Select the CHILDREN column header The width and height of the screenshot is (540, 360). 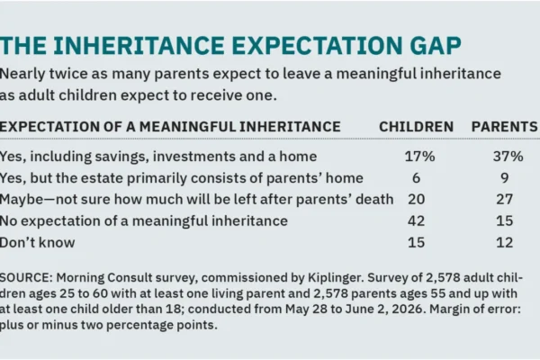tap(416, 127)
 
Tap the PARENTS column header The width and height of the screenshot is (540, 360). tap(505, 127)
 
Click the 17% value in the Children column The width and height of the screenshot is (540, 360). tap(419, 157)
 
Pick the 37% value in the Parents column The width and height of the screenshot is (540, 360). tap(508, 157)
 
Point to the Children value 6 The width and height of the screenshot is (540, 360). tap(416, 178)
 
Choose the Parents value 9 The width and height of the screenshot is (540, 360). tap(505, 178)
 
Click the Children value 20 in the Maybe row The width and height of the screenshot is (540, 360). tap(417, 200)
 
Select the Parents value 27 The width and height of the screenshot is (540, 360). tap(505, 200)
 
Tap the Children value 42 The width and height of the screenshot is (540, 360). tap(417, 220)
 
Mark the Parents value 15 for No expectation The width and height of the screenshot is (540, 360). tap(505, 220)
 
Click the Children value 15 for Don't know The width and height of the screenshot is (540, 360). tap(417, 242)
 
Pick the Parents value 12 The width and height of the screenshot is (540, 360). tap(505, 242)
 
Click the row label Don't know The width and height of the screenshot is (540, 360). tap(37, 242)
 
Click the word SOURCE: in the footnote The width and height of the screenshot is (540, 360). tap(26, 278)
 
